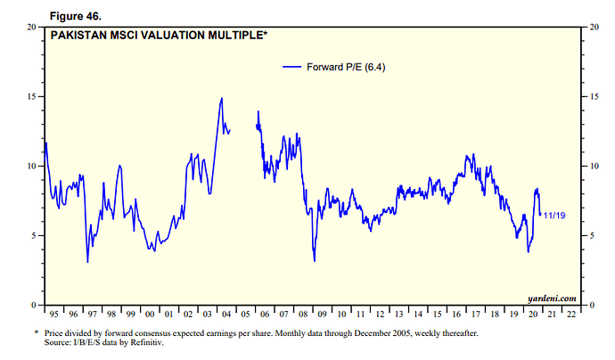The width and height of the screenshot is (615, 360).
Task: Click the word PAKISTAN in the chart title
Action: (81, 36)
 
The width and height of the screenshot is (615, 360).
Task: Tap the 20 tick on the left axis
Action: (31, 27)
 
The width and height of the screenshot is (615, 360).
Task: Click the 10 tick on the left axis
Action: (31, 166)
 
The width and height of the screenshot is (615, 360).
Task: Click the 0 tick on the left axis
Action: (34, 305)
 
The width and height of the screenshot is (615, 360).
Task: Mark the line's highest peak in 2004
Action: (221, 98)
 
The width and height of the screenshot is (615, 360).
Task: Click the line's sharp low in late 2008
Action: (315, 260)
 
